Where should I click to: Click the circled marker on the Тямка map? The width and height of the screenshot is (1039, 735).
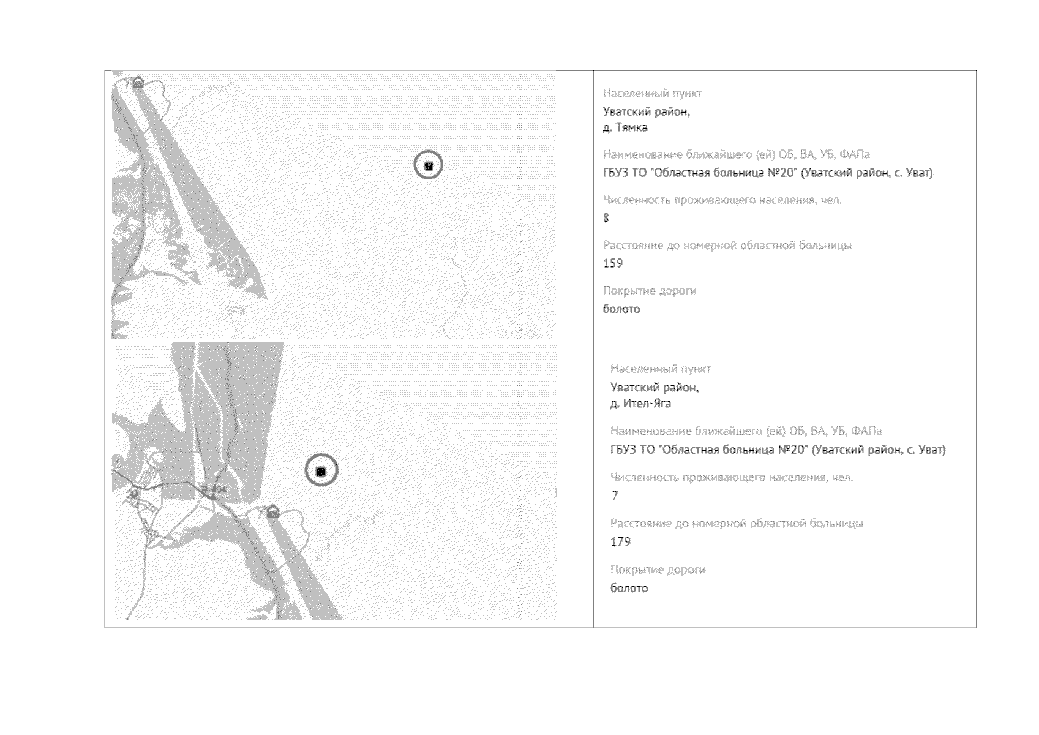[x=428, y=165]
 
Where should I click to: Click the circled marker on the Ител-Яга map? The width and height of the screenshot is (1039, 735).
[x=321, y=470]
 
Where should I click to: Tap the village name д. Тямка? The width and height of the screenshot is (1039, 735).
[x=625, y=127]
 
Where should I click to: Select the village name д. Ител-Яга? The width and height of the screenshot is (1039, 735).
[x=640, y=403]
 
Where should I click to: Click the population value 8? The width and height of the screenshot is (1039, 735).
[x=606, y=218]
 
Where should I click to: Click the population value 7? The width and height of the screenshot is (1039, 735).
[x=615, y=496]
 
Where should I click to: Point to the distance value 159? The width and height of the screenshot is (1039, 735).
[x=613, y=263]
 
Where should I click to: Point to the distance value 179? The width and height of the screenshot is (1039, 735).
[x=620, y=542]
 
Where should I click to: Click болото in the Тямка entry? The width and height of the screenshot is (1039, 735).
[x=621, y=309]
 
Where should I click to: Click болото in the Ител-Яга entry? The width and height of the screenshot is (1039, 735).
[x=629, y=588]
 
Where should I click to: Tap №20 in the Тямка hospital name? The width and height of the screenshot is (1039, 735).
[x=781, y=173]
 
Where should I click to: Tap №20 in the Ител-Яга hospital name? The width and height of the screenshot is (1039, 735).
[x=791, y=450]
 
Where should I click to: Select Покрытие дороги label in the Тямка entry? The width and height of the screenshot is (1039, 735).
[x=650, y=291]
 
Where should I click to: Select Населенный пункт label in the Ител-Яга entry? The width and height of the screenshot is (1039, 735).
[x=661, y=369]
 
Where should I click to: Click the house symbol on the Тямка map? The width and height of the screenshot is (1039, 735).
[x=138, y=83]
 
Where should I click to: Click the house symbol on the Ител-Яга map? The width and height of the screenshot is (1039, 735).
[x=273, y=512]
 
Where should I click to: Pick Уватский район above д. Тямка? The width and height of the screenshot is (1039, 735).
[x=646, y=112]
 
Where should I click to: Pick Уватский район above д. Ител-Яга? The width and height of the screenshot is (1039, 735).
[x=655, y=388]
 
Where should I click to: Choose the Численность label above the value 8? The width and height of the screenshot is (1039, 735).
[x=722, y=200]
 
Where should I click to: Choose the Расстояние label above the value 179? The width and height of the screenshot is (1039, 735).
[x=737, y=524]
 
